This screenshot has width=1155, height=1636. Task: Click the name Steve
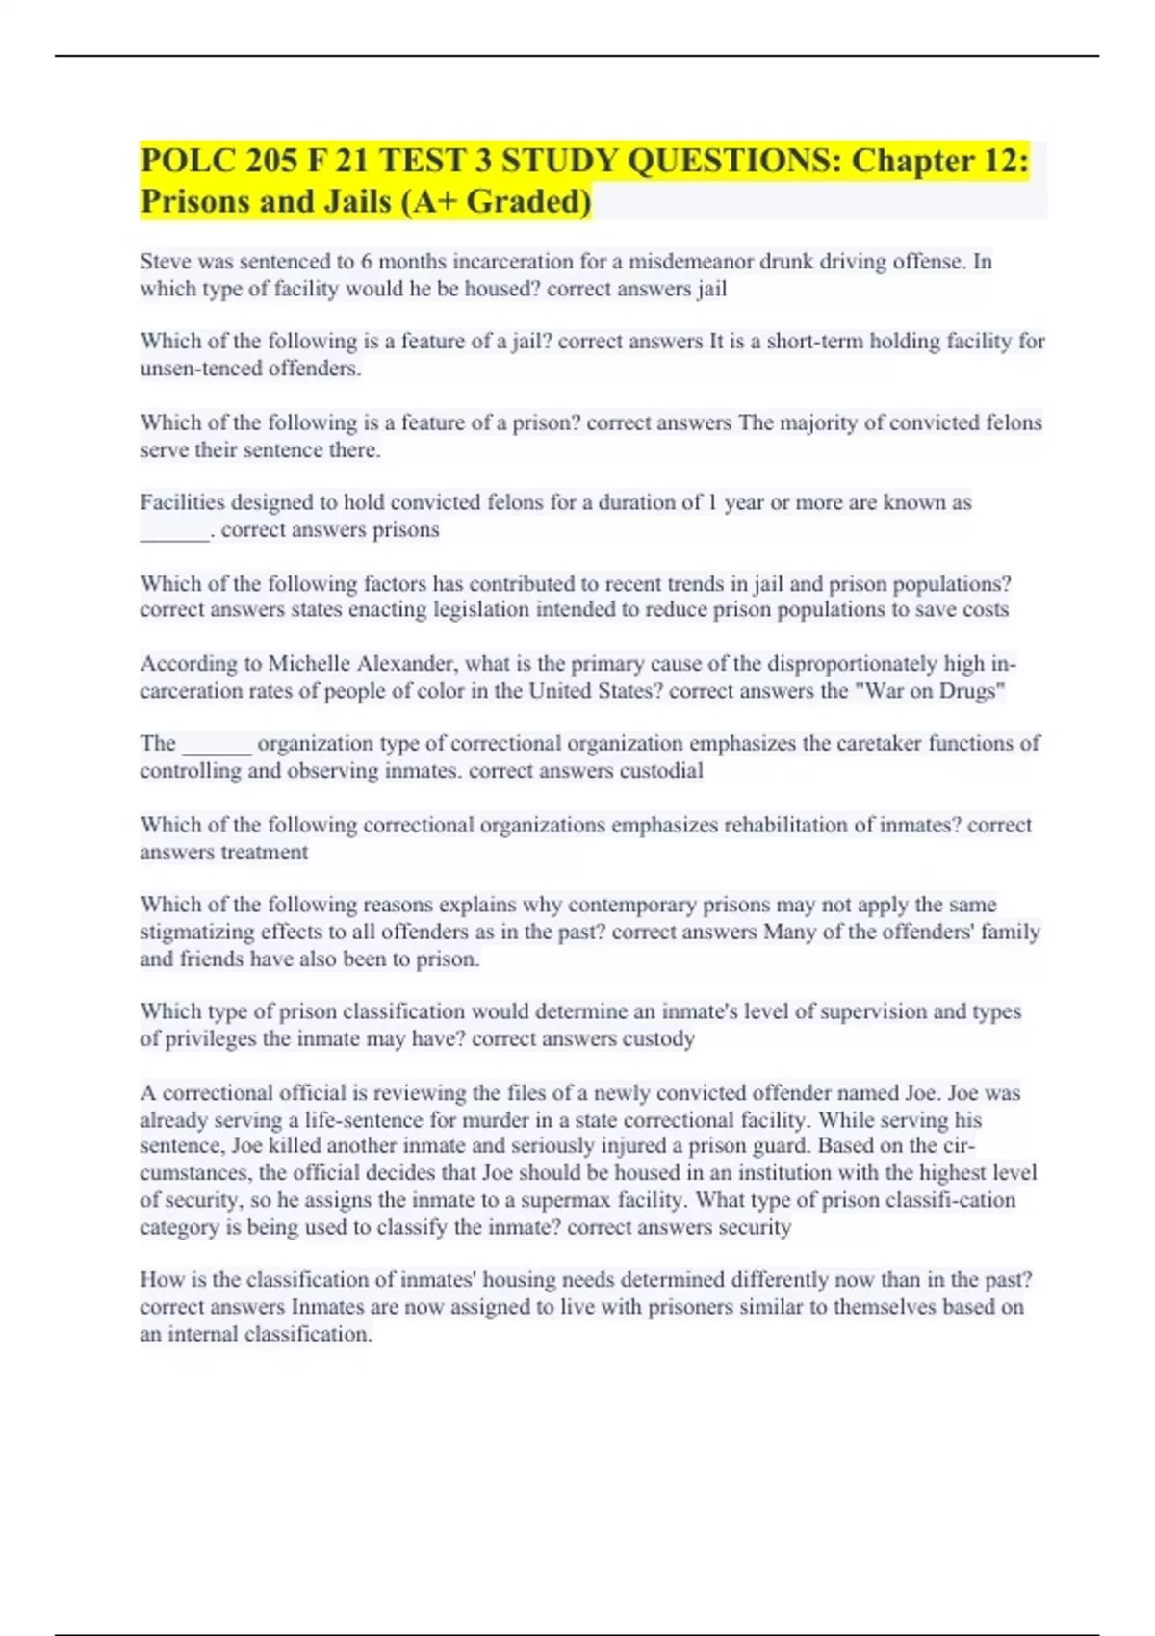(166, 262)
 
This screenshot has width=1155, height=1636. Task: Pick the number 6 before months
(367, 262)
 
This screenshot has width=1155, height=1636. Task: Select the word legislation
(481, 610)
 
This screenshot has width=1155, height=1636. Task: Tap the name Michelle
(309, 664)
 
